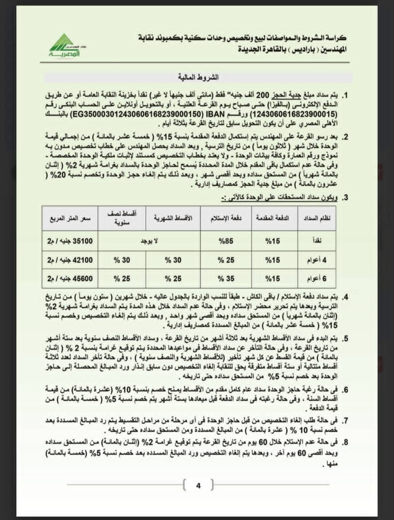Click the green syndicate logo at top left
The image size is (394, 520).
pos(65,45)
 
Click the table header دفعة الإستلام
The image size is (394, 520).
pos(226,218)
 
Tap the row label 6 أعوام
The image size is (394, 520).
pos(317,278)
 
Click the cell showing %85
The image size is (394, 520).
pos(226,241)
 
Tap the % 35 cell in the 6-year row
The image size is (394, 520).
pos(226,278)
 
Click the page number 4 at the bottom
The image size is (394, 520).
pos(198,486)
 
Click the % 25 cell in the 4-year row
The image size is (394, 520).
pos(226,260)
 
